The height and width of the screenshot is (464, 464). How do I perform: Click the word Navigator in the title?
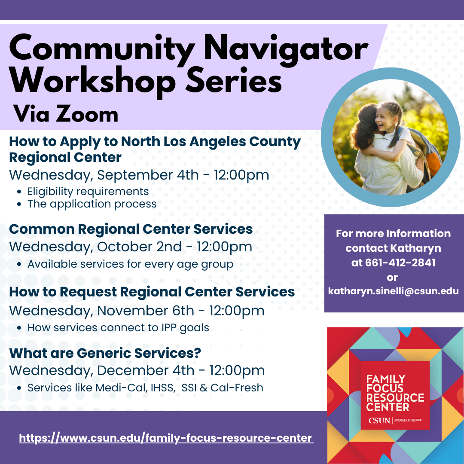pos(286,49)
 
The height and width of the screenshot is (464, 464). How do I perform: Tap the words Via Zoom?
pos(66,114)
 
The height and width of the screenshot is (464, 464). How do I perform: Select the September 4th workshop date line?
pos(139,175)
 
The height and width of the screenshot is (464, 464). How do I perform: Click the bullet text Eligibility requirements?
pos(88,192)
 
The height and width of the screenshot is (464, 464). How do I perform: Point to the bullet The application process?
pos(92,204)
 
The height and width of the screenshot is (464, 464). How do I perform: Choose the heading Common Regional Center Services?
pos(131,229)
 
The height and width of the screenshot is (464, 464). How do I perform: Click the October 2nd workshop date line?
pos(131,247)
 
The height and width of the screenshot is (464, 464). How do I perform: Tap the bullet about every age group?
pos(130,264)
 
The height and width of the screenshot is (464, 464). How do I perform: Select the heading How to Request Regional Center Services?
pos(152,292)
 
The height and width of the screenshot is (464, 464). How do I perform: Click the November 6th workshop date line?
pos(137,311)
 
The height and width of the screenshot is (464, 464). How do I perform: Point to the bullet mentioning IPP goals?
pos(119,328)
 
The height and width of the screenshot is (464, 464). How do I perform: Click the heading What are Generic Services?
pos(105,353)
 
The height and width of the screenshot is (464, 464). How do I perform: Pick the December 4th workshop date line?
pos(137,371)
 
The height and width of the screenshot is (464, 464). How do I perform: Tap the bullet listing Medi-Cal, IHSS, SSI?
pos(145,388)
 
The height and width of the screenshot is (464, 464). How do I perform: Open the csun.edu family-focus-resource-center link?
pos(165,438)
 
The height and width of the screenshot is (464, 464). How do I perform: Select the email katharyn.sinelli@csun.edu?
pos(393,291)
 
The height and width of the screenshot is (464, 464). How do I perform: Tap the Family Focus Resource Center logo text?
pos(395,393)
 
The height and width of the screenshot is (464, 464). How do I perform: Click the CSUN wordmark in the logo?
pos(379,421)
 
